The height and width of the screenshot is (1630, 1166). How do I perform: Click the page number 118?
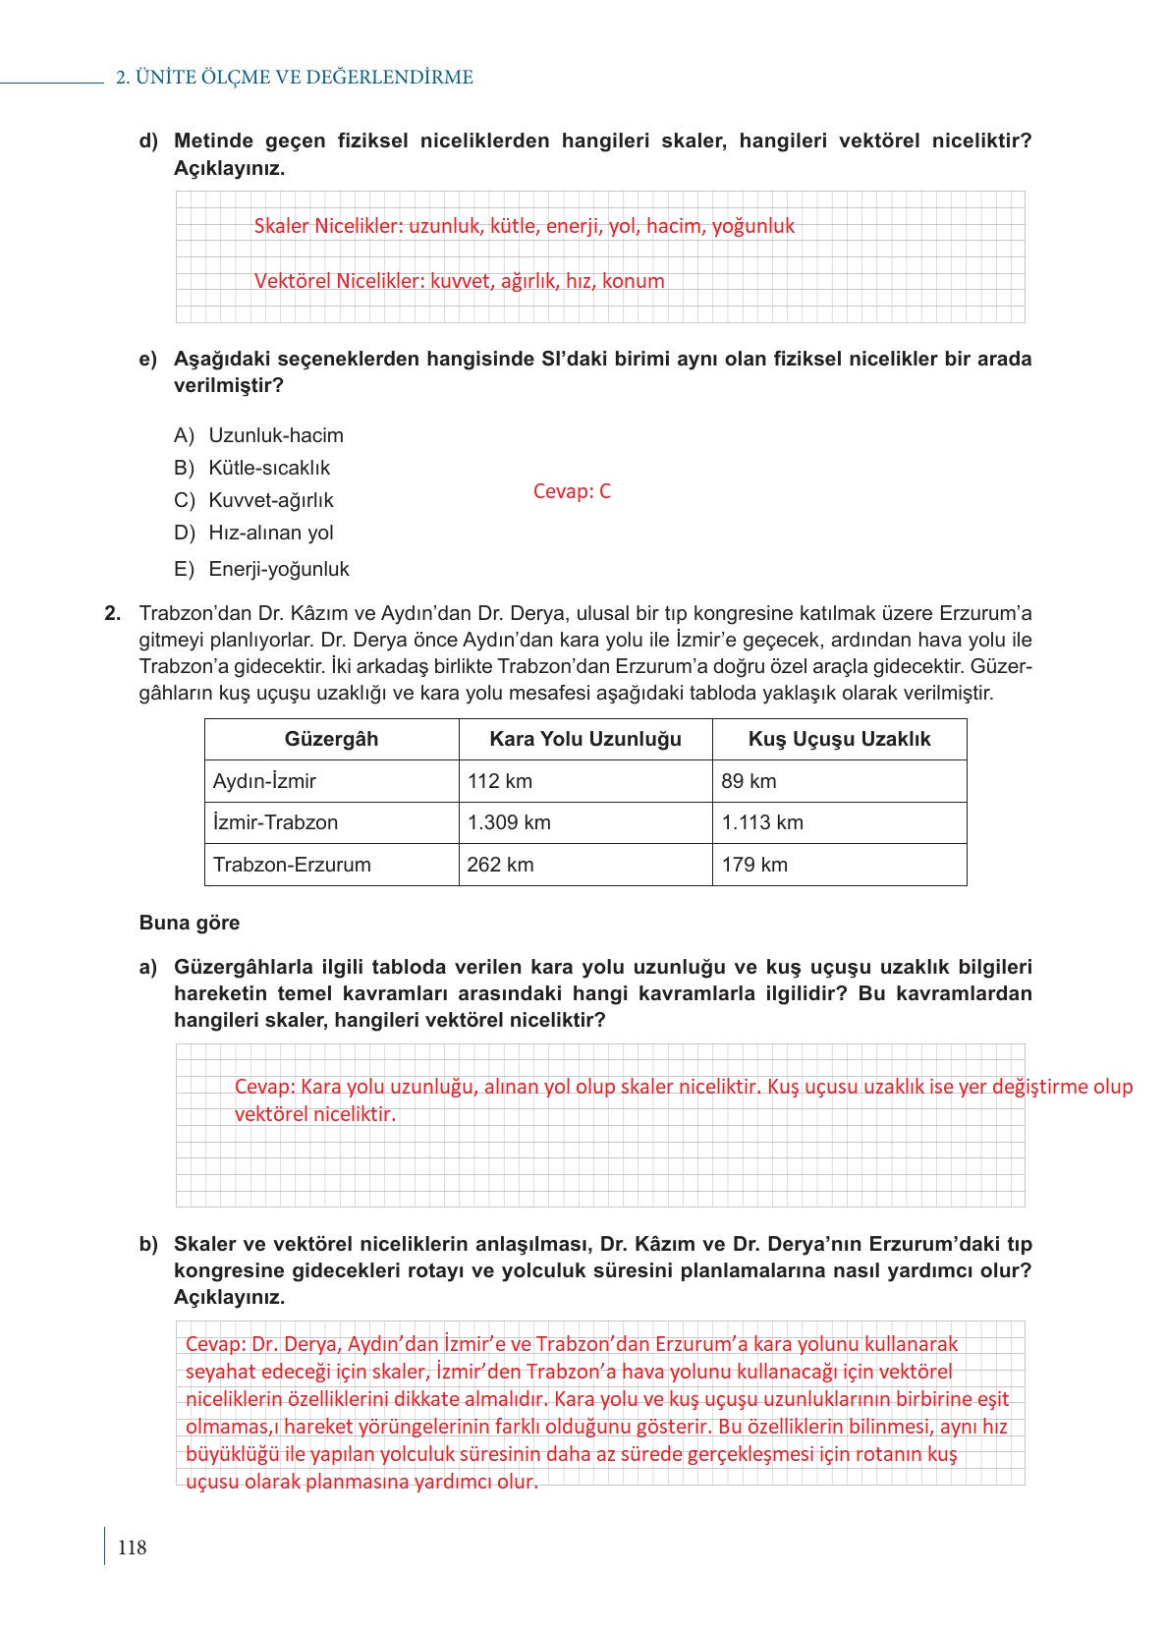click(x=132, y=1547)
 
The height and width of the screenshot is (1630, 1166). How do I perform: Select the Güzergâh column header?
click(x=331, y=739)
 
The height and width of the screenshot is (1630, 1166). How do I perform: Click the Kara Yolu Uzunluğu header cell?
click(x=585, y=739)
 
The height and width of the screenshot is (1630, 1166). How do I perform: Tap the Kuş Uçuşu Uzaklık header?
click(x=839, y=739)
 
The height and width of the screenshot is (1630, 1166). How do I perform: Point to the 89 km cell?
click(x=749, y=781)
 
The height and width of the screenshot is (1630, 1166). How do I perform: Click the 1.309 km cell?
click(x=509, y=822)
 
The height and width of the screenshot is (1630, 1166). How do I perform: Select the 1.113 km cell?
click(x=762, y=822)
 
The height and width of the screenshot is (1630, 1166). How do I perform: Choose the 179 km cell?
click(x=754, y=865)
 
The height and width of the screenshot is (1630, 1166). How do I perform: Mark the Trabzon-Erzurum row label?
click(x=292, y=865)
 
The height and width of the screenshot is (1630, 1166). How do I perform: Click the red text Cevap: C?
click(x=572, y=491)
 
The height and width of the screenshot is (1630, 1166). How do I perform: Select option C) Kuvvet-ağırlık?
click(x=253, y=500)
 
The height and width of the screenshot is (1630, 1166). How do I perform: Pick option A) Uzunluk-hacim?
click(x=258, y=435)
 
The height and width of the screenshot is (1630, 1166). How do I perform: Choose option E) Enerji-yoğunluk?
click(x=261, y=569)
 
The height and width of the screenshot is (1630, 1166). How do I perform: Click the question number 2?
click(x=113, y=614)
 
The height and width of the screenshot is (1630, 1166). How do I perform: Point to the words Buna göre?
click(x=190, y=923)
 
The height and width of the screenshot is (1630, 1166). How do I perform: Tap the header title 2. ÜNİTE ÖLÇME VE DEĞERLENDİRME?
click(x=295, y=78)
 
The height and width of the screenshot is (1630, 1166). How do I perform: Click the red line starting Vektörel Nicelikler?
click(x=459, y=281)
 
